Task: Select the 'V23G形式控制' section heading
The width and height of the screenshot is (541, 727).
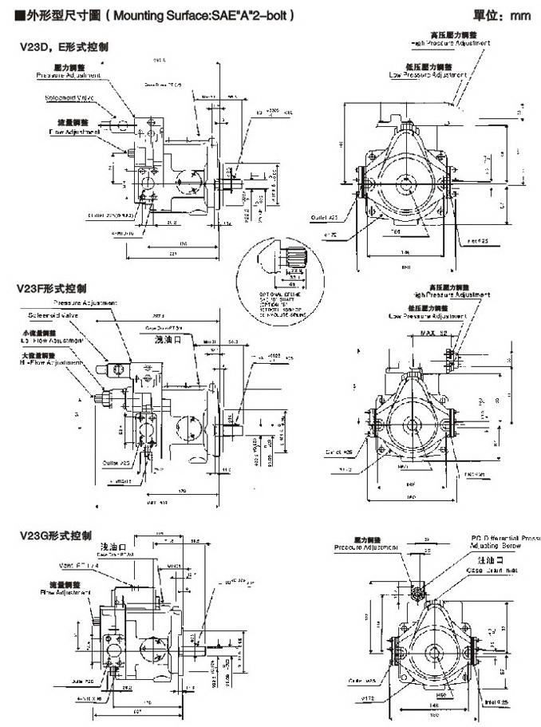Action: tap(55, 534)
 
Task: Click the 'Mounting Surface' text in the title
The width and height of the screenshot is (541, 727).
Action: tap(164, 14)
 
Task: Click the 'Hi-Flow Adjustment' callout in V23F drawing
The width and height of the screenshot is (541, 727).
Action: tap(50, 362)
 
